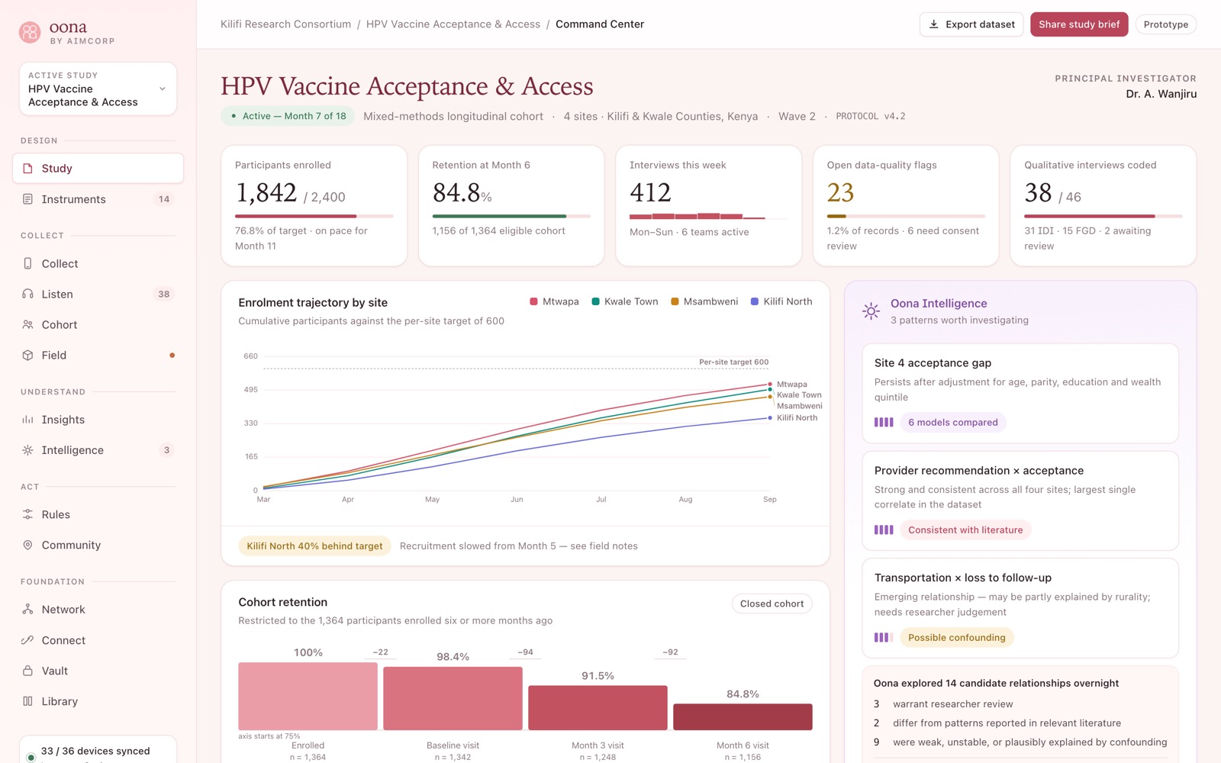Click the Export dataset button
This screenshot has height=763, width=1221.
971,24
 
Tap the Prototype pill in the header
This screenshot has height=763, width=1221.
1165,24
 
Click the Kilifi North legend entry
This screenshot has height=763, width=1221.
781,301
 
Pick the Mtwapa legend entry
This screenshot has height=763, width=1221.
554,301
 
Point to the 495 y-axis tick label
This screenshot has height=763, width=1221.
251,390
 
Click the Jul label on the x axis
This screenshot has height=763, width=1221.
601,499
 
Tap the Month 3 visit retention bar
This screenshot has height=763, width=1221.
598,707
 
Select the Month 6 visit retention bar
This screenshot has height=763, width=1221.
743,716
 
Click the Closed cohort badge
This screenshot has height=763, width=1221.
772,604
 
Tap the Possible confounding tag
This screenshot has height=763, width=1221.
957,638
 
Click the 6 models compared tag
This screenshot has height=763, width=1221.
953,423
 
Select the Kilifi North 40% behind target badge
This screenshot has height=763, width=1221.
314,546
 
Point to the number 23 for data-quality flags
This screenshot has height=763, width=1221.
840,192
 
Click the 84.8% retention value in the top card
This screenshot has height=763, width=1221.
462,192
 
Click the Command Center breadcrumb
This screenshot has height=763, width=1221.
600,24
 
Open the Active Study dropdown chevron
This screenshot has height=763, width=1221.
162,89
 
